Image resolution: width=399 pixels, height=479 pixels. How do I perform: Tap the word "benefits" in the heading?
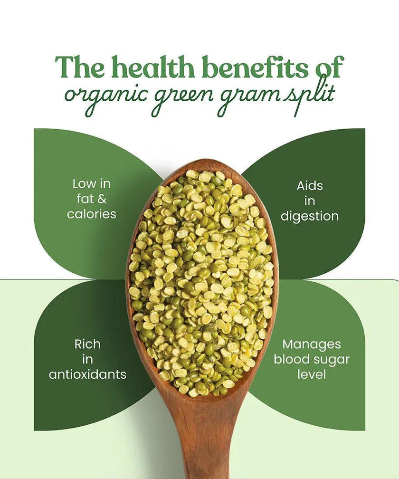(256, 67)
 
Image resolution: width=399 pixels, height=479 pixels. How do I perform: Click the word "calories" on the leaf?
(92, 214)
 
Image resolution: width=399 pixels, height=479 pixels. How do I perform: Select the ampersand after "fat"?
(102, 199)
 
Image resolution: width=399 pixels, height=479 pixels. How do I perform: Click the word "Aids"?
(310, 185)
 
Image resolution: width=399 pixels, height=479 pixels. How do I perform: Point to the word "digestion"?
(310, 217)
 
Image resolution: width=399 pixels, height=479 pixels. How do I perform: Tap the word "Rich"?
(87, 344)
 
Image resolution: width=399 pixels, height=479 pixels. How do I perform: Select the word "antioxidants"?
(87, 374)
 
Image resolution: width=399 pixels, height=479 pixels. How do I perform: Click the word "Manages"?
(312, 344)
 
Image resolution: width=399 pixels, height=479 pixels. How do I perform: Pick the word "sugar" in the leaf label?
(332, 360)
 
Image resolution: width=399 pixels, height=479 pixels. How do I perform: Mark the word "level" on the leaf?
(312, 374)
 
